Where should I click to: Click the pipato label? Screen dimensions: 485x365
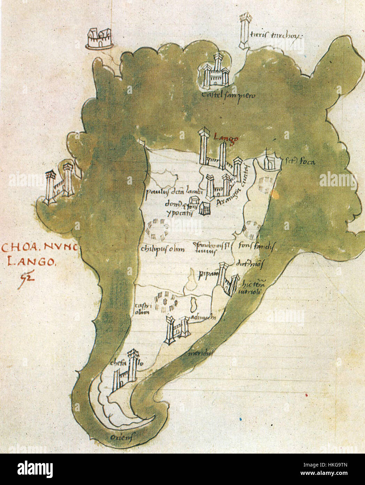(x=206, y=274)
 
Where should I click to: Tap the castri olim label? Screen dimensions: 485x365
(x=142, y=309)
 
